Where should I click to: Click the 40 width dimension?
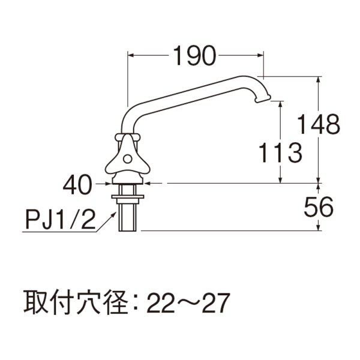coord(76,184)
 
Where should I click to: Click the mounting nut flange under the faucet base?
coord(127,195)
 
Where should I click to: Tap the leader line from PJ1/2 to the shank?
coord(106,221)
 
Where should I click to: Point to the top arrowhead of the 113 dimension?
coord(280,104)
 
